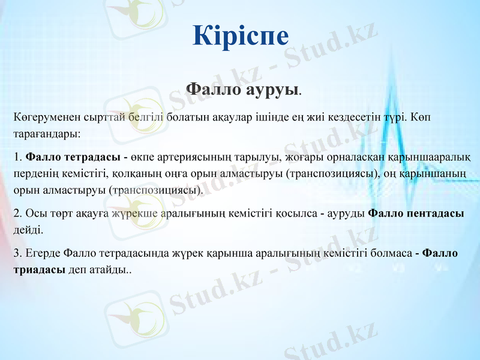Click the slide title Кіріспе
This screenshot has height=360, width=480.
pyautogui.click(x=241, y=35)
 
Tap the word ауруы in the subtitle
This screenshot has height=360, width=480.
pyautogui.click(x=273, y=90)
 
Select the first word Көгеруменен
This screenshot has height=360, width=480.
pyautogui.click(x=41, y=116)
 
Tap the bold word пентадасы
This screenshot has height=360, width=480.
pyautogui.click(x=433, y=214)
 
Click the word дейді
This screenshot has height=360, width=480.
pyautogui.click(x=28, y=230)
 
